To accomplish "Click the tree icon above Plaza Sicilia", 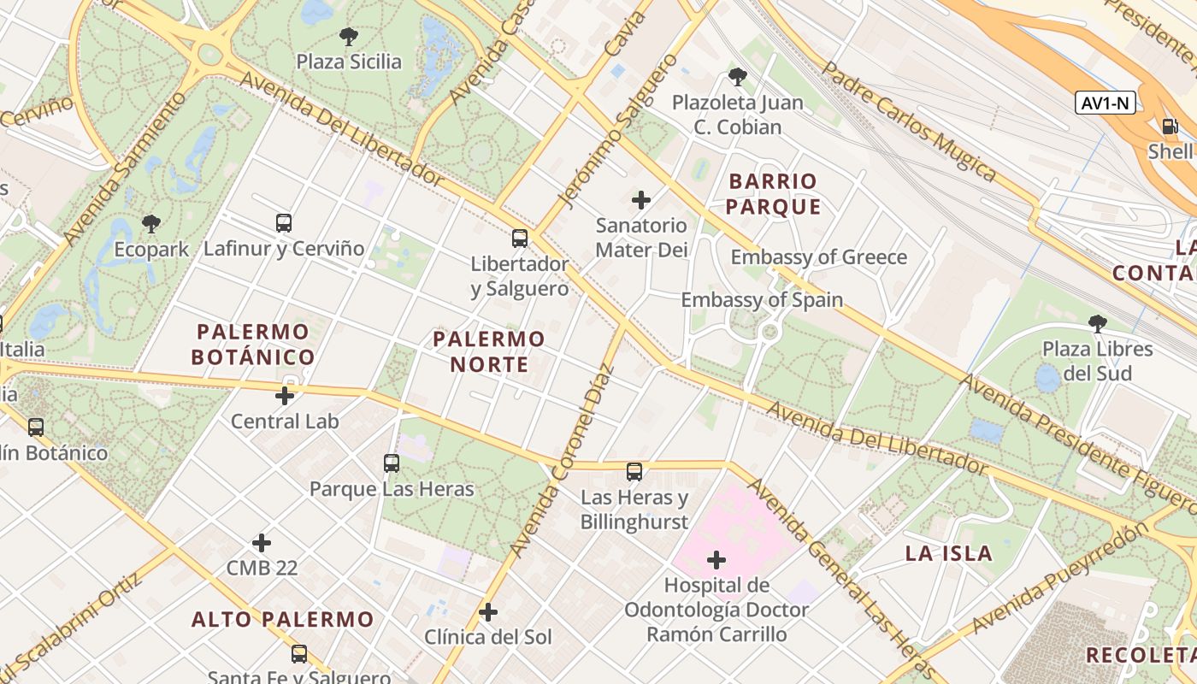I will click(348, 36).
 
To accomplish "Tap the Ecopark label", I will click(152, 250).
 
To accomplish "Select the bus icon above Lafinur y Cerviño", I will click(284, 223).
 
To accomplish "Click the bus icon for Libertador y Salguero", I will click(520, 239).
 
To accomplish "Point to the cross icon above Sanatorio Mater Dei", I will click(641, 200).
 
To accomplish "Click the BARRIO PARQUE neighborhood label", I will click(774, 194).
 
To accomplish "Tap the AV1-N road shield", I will click(1106, 103).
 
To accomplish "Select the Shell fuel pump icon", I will click(1170, 127).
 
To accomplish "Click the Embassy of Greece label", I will click(818, 257).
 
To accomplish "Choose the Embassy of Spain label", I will click(761, 300).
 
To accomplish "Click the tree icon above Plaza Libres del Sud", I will click(1098, 323).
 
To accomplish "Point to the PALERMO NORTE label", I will click(488, 351).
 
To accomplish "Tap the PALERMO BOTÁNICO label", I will click(253, 344).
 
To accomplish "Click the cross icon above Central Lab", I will click(285, 396).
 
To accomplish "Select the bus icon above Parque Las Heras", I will click(392, 463).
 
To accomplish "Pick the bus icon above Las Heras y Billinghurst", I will click(634, 472).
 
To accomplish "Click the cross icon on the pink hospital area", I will click(716, 560).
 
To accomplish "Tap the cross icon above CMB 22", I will click(262, 543).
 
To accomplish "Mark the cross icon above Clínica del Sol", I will click(488, 612).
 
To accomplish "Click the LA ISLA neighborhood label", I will click(949, 553).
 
